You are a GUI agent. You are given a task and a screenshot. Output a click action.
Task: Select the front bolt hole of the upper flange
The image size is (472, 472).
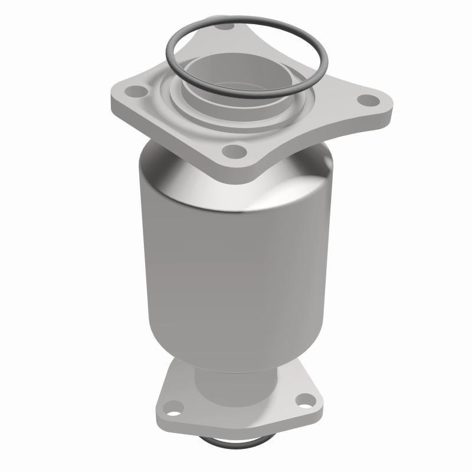coord(235,151)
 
